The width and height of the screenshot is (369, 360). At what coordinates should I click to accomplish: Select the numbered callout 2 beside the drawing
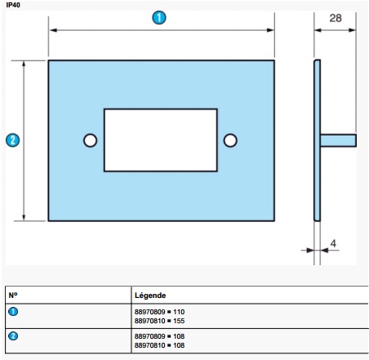point(11,140)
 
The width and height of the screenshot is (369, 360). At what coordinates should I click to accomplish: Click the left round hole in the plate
point(90,140)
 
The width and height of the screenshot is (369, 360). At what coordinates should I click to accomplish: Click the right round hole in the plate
point(230,140)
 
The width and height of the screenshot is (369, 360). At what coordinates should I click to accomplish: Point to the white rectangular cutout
point(160,140)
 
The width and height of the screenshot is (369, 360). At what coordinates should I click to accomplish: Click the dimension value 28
point(335,17)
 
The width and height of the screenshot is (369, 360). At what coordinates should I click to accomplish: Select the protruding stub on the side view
point(339,140)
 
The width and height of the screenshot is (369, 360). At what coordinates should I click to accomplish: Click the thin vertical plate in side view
point(318,140)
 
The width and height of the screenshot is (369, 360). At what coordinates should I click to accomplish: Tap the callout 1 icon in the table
point(12,311)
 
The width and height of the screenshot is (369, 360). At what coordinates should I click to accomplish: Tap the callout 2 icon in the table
point(12,336)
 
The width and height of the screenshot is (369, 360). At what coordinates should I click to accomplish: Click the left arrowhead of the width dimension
point(52,30)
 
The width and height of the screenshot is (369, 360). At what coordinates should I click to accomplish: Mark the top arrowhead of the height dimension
point(24,64)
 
